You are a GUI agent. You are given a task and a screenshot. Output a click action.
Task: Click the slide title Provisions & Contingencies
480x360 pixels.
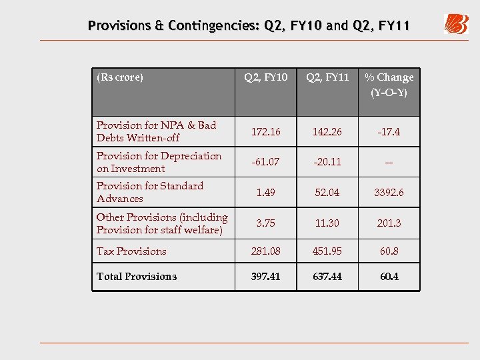point(249,26)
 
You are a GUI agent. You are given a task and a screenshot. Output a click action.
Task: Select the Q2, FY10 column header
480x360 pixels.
point(265,77)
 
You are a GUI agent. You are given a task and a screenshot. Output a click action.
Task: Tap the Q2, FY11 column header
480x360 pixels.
point(327,77)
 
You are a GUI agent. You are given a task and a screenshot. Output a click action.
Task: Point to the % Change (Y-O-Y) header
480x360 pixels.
point(389,85)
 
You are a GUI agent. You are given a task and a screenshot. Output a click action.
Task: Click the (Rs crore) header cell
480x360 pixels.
point(120,77)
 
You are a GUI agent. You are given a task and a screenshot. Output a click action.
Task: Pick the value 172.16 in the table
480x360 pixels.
point(265,132)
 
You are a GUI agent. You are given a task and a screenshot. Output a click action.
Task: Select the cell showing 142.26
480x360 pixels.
point(327,132)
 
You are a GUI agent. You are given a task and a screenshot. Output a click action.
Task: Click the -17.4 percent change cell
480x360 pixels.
point(389,132)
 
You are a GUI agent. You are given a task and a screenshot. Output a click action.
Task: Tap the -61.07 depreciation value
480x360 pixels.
point(265,162)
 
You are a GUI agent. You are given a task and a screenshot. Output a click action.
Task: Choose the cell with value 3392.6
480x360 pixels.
point(389,193)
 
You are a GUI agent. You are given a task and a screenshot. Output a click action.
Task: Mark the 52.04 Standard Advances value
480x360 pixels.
point(327,193)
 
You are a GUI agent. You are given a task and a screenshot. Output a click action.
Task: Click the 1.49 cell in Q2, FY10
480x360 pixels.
point(265,193)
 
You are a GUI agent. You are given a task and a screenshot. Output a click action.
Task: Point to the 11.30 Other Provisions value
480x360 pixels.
point(327,223)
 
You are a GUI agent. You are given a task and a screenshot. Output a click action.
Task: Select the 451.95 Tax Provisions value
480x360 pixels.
point(327,251)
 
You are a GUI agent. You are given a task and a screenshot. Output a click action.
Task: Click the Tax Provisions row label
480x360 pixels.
point(131,251)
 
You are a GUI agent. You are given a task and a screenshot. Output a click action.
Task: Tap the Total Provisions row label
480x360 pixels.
point(137,276)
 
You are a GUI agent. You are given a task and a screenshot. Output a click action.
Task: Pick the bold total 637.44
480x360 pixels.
point(327,276)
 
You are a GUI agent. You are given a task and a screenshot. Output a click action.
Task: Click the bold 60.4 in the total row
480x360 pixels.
point(389,276)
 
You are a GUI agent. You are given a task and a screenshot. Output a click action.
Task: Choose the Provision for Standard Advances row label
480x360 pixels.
point(150,192)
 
